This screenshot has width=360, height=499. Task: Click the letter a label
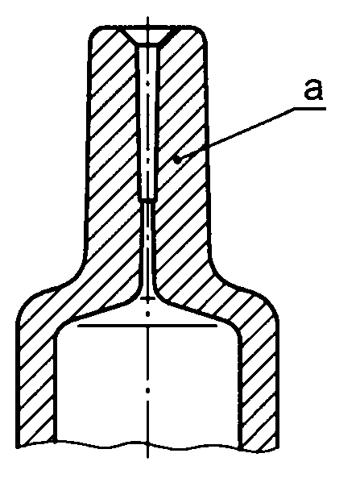coord(313,89)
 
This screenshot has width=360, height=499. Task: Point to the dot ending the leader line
coord(179,159)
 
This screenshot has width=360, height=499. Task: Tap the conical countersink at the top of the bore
coord(147,36)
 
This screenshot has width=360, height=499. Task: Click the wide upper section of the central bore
coord(147,123)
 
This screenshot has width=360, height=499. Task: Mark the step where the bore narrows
coord(147,201)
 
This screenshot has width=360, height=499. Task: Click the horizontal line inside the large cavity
coord(147,325)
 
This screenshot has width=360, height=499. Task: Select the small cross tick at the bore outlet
coord(147,298)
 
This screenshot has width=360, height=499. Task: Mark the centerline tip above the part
coord(147,17)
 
